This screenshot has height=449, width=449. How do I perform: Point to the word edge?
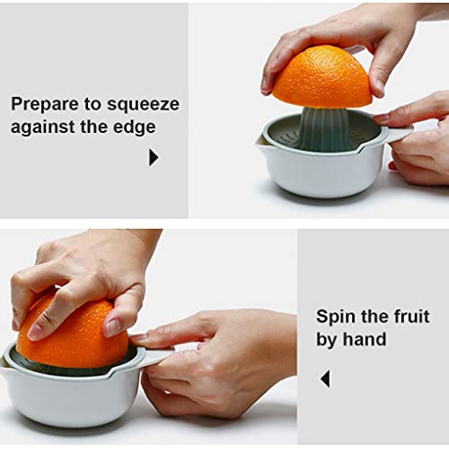[x=136, y=127]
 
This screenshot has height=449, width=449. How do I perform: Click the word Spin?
[x=336, y=317]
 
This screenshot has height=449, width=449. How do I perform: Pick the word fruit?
[x=409, y=317]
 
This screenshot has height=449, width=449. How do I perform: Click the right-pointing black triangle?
[x=153, y=157]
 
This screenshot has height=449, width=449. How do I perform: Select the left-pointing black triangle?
[x=324, y=379]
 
